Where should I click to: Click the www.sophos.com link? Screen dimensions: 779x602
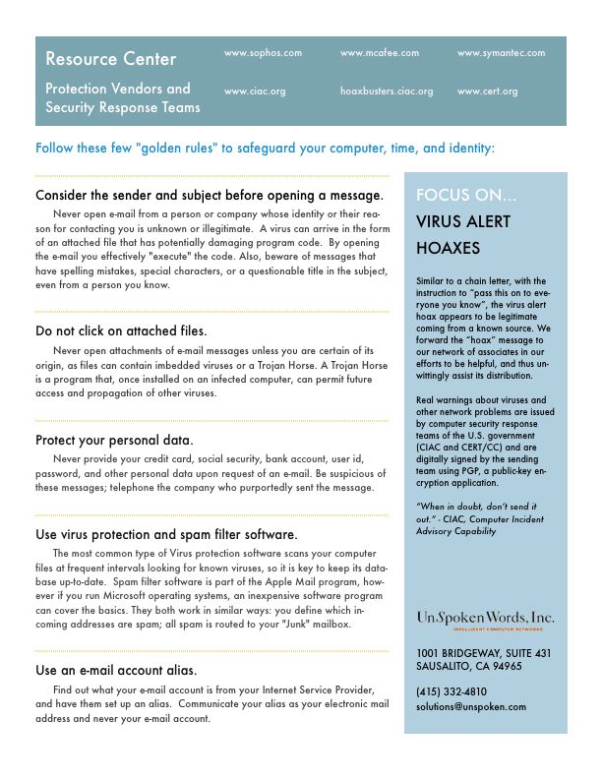[x=263, y=52]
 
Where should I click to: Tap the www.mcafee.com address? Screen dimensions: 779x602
[x=380, y=52]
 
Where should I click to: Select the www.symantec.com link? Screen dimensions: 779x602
[x=501, y=52]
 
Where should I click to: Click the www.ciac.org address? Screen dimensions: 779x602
[x=255, y=90]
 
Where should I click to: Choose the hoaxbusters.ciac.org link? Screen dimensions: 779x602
[x=387, y=90]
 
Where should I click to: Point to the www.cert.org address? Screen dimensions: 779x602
[x=487, y=90]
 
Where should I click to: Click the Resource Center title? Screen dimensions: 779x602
[x=111, y=59]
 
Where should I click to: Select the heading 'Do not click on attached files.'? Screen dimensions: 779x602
[x=121, y=330]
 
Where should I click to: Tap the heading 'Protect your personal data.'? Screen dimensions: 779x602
[x=114, y=439]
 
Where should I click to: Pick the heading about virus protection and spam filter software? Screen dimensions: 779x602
[x=166, y=534]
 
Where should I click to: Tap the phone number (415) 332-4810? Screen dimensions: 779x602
[x=451, y=691]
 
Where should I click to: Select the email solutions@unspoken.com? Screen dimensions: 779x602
[x=470, y=706]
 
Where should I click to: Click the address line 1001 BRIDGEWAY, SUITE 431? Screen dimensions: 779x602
[x=483, y=652]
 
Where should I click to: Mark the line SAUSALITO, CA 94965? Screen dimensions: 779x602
[x=468, y=666]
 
